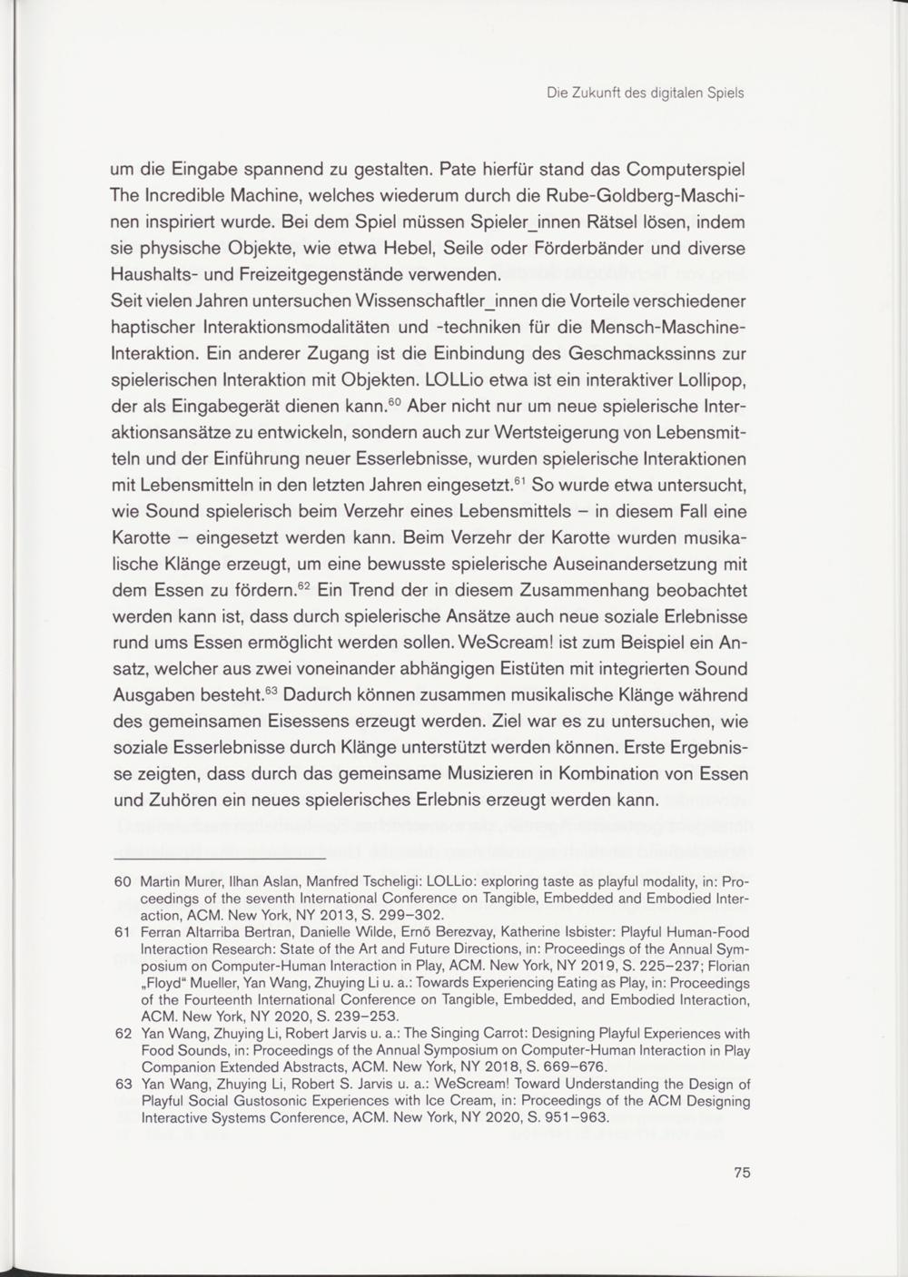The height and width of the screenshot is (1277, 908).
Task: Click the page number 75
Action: (742, 1172)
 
